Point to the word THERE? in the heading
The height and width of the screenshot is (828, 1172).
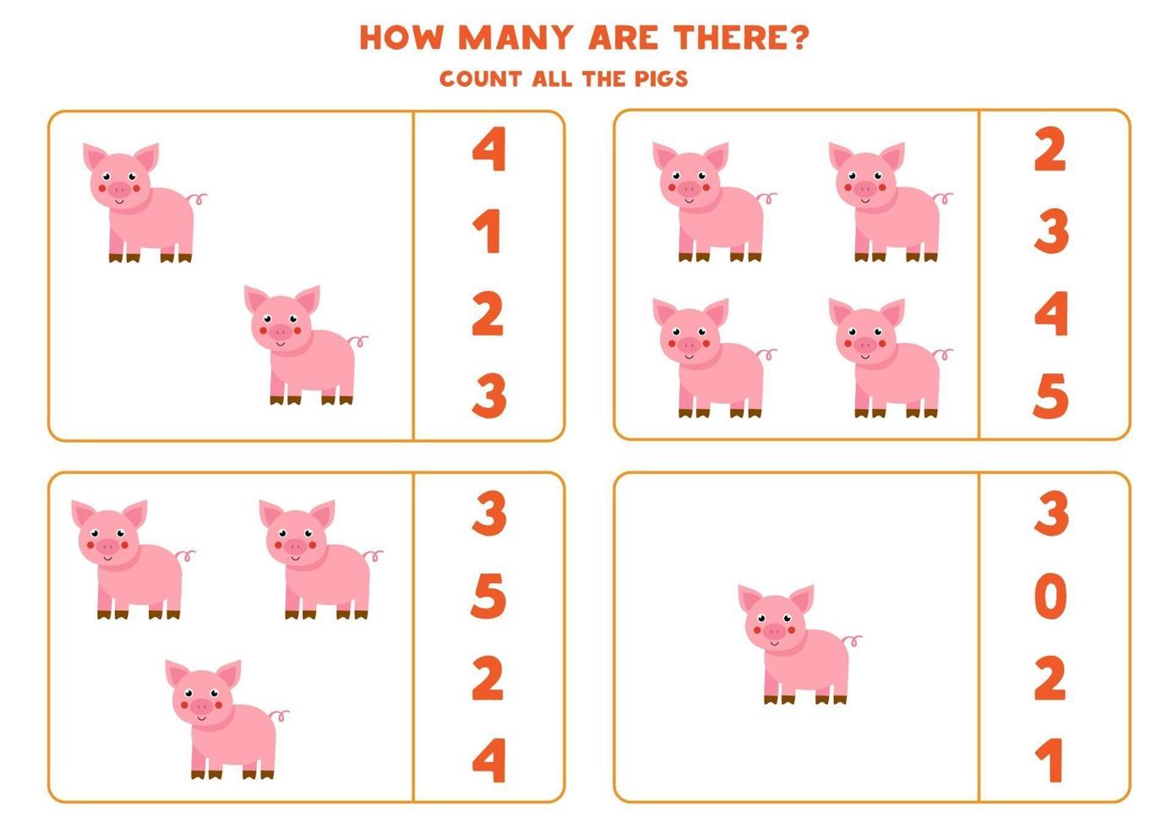[741, 38]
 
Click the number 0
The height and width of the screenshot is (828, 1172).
[1050, 596]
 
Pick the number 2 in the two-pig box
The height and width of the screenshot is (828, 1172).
[488, 314]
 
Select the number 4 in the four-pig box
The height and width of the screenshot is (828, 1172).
[1050, 314]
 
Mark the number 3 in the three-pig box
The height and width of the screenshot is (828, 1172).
[488, 514]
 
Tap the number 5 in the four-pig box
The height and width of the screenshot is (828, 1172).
[1050, 395]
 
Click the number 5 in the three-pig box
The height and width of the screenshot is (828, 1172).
[488, 596]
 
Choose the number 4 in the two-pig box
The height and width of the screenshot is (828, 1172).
[488, 150]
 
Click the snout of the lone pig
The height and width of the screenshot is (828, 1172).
[774, 630]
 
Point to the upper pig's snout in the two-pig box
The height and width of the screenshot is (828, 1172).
[119, 188]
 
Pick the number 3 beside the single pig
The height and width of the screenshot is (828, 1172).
[1050, 514]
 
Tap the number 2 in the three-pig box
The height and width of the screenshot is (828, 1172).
[488, 678]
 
